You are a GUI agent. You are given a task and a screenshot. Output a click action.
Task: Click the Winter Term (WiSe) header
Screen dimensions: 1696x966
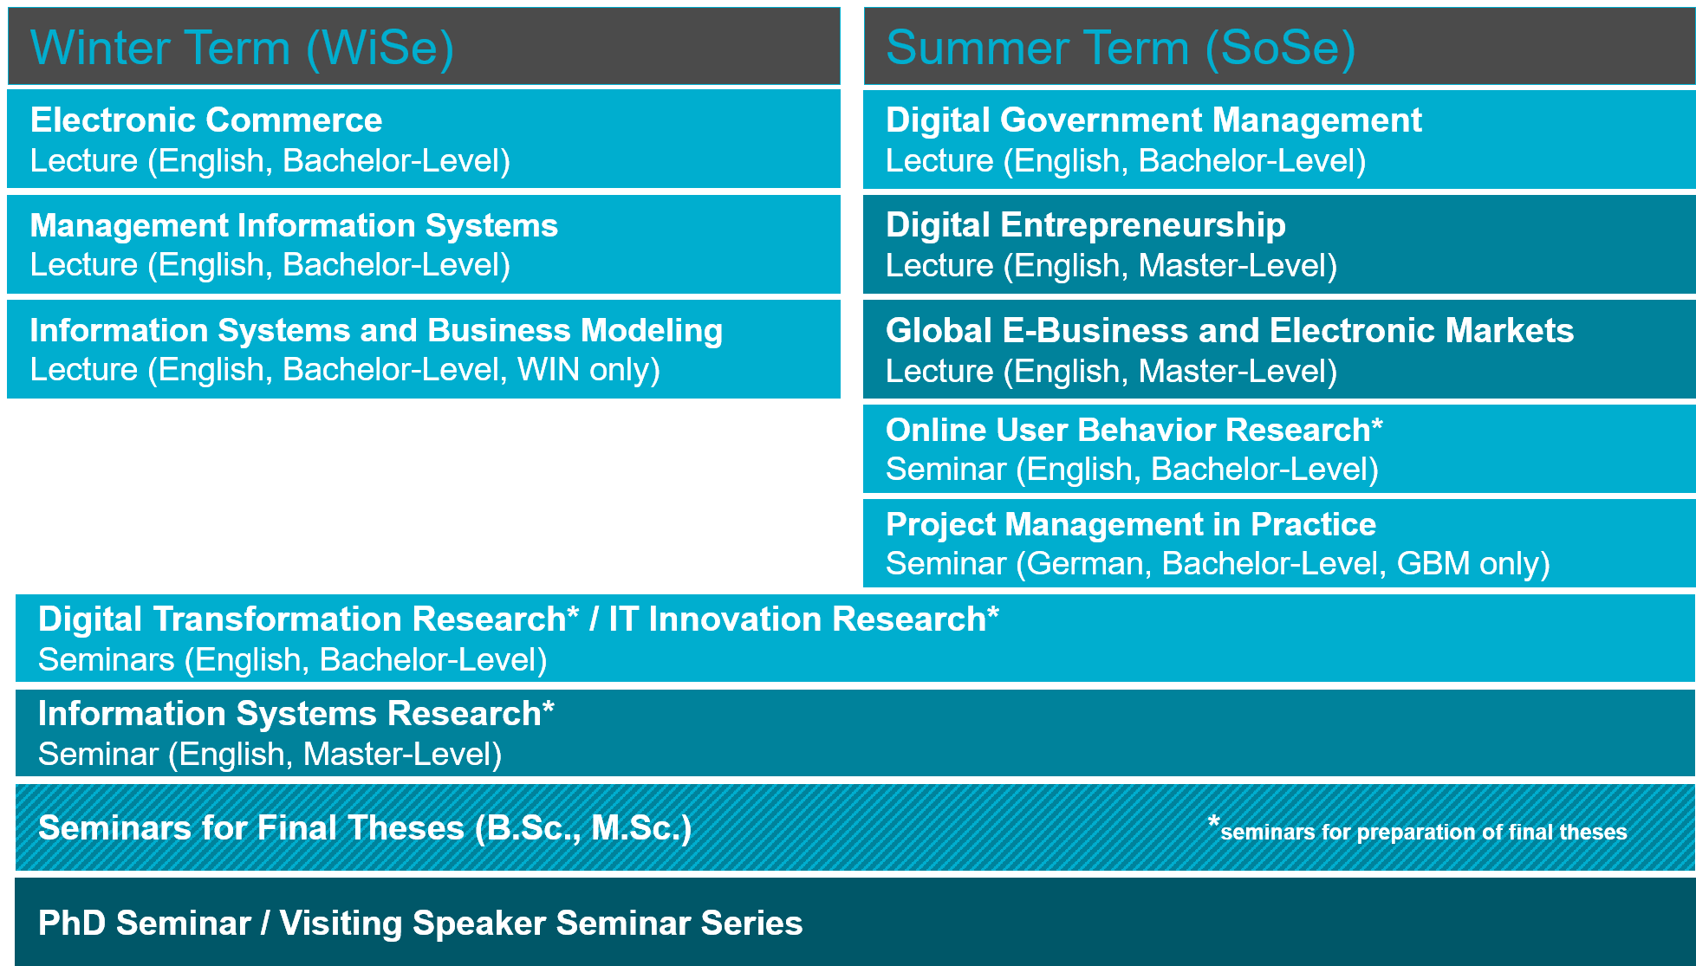click(x=242, y=48)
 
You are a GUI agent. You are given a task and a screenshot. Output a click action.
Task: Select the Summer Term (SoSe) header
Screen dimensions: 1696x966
click(x=1121, y=48)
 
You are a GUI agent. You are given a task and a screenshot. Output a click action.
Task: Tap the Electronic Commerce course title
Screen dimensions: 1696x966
click(x=206, y=120)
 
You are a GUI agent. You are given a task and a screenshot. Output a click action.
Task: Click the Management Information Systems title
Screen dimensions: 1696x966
click(x=294, y=225)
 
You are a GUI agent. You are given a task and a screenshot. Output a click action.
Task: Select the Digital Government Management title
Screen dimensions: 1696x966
click(x=1153, y=120)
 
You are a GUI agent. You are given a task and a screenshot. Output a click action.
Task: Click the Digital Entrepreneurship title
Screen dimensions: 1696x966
click(x=1086, y=225)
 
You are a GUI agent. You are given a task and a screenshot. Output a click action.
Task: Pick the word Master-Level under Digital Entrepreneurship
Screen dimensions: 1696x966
click(x=1231, y=266)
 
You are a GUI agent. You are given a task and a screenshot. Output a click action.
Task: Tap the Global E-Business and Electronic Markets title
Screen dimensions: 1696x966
click(x=1230, y=331)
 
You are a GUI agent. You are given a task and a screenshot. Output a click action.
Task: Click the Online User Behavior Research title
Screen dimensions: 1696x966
click(x=1134, y=430)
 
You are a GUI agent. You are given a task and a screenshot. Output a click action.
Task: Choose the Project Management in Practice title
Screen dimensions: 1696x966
click(x=1131, y=524)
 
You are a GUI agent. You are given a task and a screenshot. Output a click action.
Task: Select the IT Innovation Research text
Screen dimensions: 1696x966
click(x=803, y=619)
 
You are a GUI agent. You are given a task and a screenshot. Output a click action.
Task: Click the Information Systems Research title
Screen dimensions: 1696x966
click(x=296, y=714)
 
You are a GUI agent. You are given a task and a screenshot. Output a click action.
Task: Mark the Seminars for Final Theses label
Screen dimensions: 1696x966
click(x=365, y=828)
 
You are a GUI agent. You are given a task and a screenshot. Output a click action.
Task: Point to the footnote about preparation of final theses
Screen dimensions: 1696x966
click(x=1418, y=830)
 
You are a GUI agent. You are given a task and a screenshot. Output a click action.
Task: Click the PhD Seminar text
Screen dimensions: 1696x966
click(x=145, y=923)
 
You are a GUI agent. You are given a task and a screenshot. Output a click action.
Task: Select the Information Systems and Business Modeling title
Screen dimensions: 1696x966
click(x=376, y=331)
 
